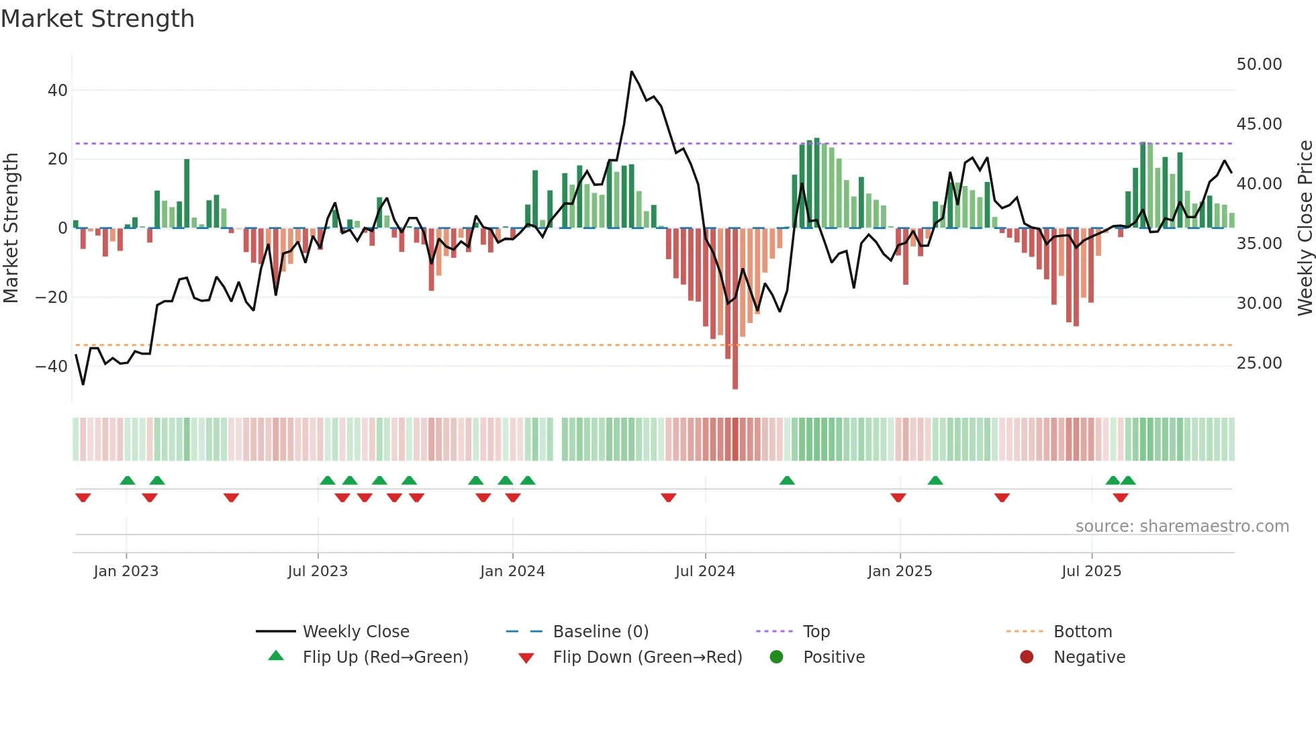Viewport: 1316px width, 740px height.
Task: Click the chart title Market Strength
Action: coord(97,19)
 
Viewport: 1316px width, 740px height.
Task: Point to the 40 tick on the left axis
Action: coord(58,90)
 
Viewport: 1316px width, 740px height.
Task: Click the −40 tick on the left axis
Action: coord(52,367)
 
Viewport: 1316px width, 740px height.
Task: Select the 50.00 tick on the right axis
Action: coord(1259,64)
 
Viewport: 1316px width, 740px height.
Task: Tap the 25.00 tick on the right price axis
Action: coord(1259,363)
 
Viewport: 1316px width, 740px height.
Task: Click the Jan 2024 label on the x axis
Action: coord(512,571)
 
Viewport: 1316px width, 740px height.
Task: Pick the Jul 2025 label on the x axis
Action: coord(1091,571)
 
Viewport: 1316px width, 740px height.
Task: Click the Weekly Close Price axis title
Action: coord(1305,228)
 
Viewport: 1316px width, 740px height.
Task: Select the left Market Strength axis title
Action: coord(11,228)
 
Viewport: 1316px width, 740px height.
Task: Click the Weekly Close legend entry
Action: coord(355,632)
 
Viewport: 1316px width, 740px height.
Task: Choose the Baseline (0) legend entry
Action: coord(600,632)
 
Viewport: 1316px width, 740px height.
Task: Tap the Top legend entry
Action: coord(816,632)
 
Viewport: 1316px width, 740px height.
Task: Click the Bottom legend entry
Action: coord(1082,632)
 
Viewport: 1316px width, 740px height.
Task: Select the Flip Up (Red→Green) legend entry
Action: coord(385,657)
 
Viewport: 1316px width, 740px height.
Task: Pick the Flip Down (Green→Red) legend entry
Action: coord(647,657)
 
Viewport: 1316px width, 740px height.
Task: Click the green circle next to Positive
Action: coord(777,657)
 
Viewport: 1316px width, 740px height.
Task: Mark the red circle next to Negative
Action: coord(1027,657)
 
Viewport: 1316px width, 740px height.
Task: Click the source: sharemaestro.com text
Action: coord(1182,526)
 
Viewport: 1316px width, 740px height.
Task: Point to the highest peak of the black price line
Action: coord(632,72)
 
